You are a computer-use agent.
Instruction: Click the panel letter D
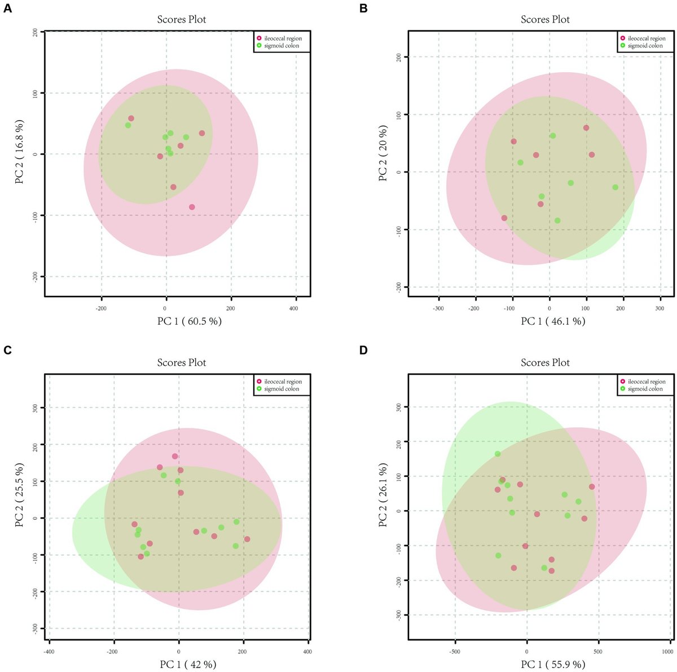(364, 350)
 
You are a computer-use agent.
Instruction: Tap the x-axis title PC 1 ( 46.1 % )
(545, 321)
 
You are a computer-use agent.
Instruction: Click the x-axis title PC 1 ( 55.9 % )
(545, 664)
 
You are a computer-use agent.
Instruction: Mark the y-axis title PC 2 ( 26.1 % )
(383, 495)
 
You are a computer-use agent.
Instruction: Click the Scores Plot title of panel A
(181, 19)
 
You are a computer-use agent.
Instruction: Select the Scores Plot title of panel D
(545, 362)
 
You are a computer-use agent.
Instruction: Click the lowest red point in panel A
(192, 207)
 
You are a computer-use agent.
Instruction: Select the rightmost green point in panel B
(615, 187)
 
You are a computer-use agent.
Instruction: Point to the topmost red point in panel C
(175, 456)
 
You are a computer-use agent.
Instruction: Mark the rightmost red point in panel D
(592, 487)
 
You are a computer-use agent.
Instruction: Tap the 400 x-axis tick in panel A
(294, 308)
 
